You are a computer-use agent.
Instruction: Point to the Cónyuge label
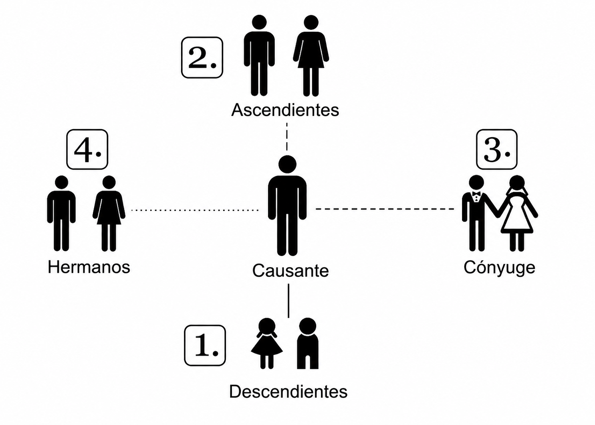[499, 268]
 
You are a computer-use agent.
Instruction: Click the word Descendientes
[288, 391]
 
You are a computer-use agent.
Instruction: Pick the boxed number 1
[205, 346]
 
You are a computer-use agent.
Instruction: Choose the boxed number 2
[202, 57]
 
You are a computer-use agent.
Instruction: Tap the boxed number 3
[497, 149]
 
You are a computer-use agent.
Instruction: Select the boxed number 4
[87, 149]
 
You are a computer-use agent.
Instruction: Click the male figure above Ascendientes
[259, 55]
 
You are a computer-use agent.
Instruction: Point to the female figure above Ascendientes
[311, 55]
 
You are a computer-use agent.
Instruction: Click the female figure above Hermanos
[109, 214]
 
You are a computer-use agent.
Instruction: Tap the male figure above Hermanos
[61, 214]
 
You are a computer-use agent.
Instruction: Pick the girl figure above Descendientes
[267, 343]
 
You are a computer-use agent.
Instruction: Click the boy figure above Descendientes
[308, 343]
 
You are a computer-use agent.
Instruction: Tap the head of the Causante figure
[287, 165]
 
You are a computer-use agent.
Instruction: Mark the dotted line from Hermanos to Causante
[195, 210]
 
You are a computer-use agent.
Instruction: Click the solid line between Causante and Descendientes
[289, 301]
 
